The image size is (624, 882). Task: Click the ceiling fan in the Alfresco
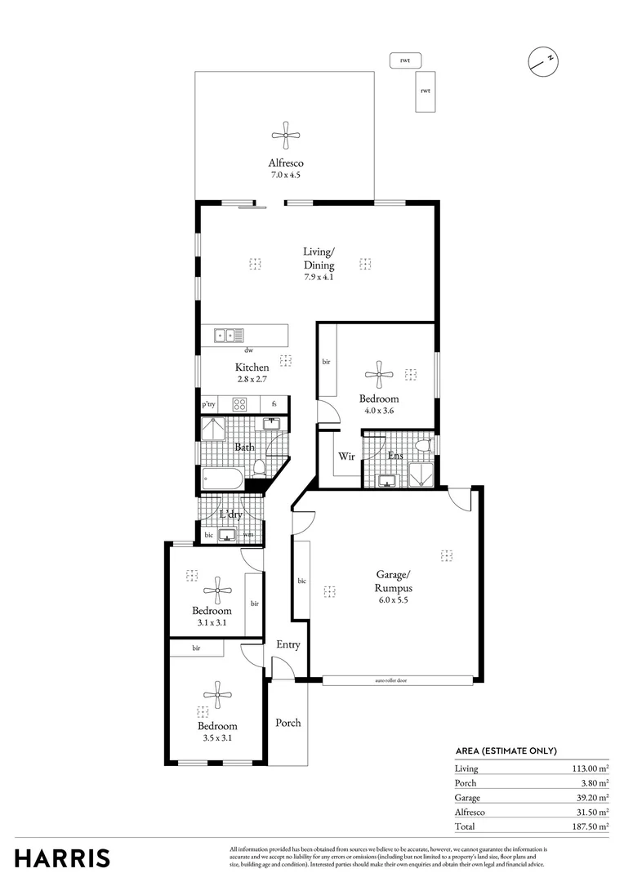(x=285, y=136)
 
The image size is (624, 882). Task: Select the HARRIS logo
(x=62, y=858)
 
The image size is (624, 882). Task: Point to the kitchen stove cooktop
(x=240, y=403)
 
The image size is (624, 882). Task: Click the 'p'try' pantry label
(x=208, y=404)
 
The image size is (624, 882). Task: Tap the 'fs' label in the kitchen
(x=274, y=404)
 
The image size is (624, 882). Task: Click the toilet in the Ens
(x=423, y=446)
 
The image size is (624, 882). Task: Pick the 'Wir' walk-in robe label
(x=347, y=457)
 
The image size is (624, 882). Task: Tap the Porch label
(x=287, y=723)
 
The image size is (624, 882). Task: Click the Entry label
(x=287, y=644)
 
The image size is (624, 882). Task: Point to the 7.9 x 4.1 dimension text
(x=319, y=277)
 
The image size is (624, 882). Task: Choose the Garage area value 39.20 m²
(x=591, y=798)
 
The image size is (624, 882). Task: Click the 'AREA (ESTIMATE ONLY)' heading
(x=506, y=751)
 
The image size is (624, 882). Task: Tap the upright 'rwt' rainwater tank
(x=425, y=90)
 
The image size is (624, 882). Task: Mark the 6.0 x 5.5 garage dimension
(x=393, y=599)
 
